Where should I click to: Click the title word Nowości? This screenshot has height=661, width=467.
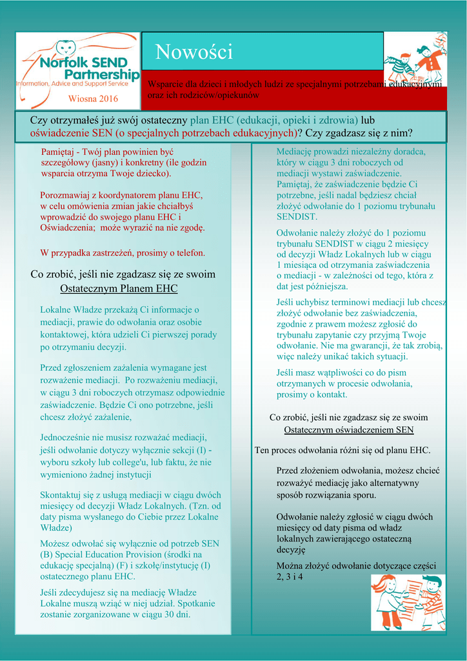194,52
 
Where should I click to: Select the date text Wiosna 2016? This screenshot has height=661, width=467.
94,99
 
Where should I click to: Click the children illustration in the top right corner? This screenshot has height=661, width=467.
416,61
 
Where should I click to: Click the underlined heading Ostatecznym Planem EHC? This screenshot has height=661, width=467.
119,288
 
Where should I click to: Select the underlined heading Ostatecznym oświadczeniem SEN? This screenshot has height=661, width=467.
349,430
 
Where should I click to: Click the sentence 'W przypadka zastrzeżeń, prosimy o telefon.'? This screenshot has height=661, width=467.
123,252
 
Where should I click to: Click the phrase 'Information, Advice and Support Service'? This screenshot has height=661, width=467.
72,84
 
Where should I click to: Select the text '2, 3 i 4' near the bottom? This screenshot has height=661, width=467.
290,576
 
